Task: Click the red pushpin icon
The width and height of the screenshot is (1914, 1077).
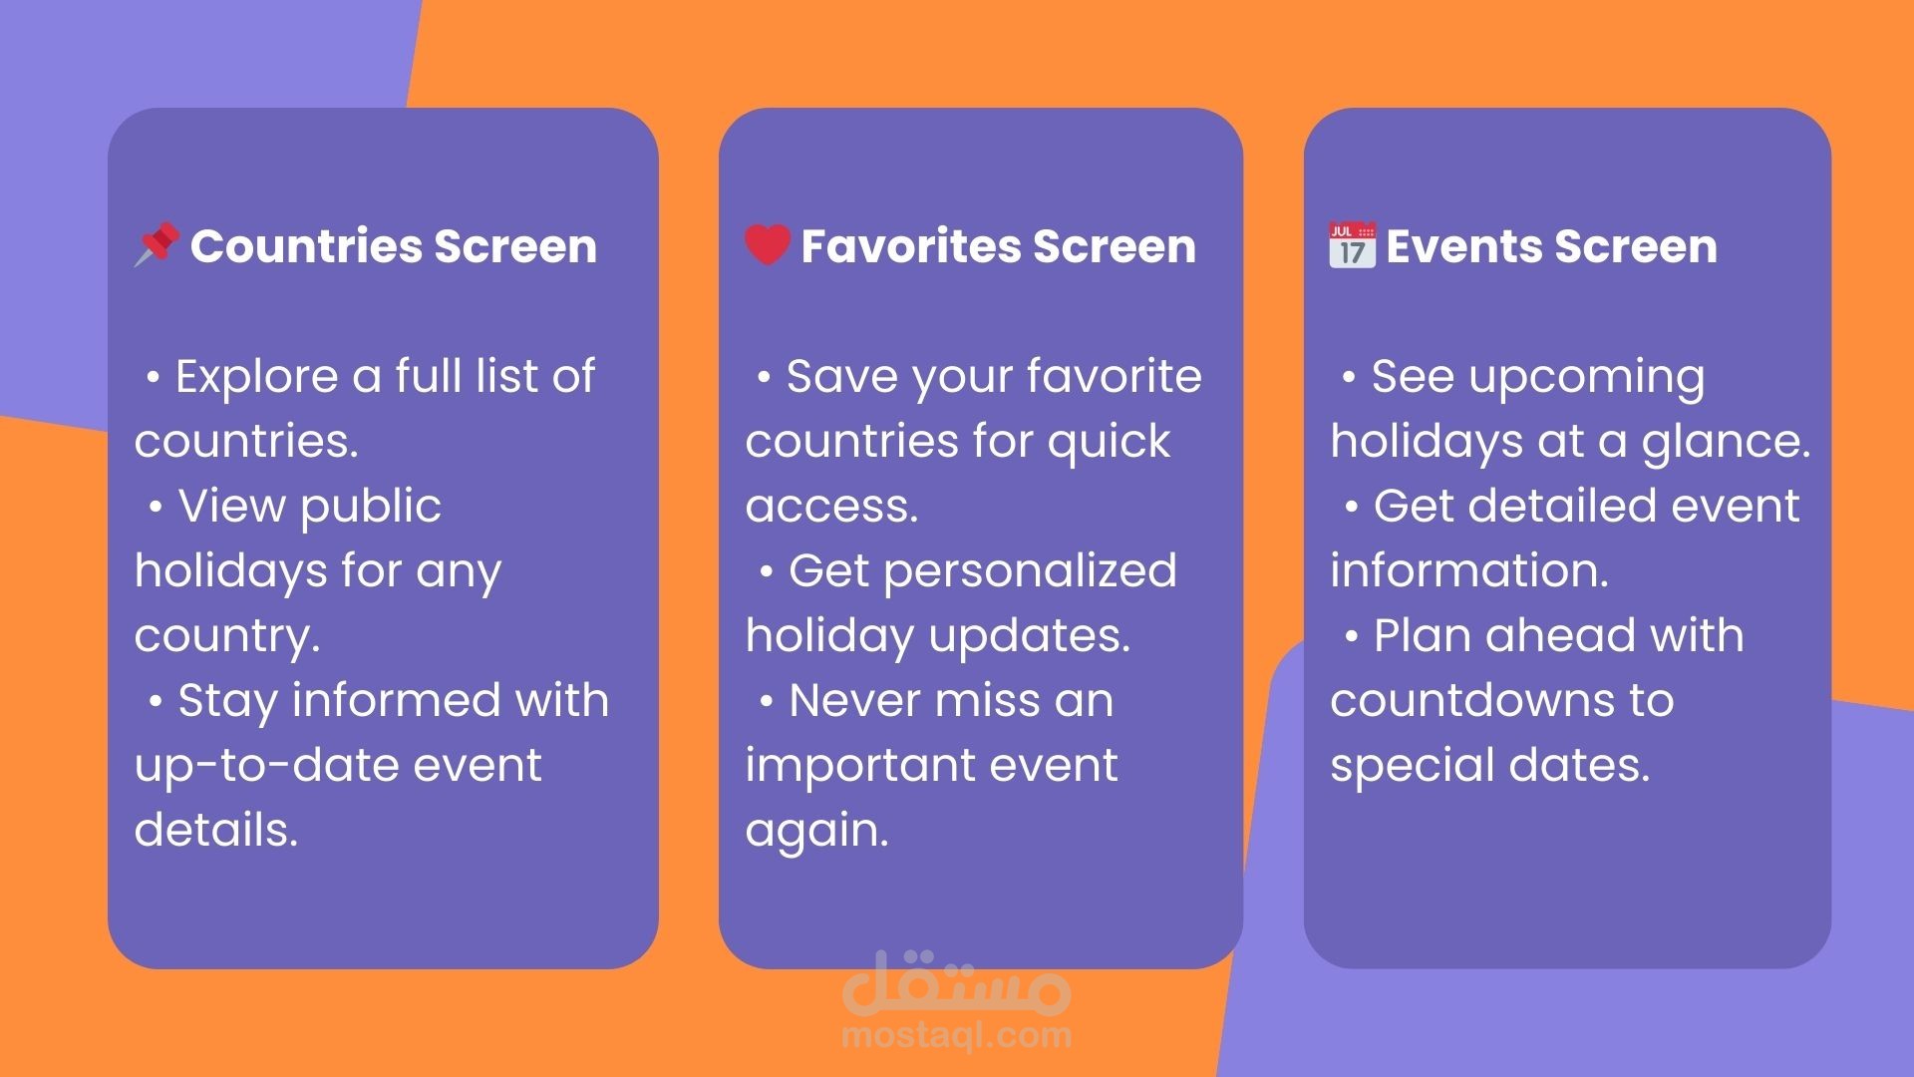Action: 158,244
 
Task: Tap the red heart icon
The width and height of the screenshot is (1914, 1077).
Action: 768,245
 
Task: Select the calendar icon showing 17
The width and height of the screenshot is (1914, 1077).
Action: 1353,245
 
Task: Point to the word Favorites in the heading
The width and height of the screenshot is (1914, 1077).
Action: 910,246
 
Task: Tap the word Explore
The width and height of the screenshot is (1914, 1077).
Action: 257,378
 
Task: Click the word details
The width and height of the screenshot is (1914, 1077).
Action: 216,830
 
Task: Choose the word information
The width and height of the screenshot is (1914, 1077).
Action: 1469,570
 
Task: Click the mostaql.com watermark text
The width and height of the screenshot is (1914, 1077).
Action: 956,1035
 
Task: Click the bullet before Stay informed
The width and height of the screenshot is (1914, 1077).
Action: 155,703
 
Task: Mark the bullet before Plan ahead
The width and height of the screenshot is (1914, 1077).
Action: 1351,638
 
